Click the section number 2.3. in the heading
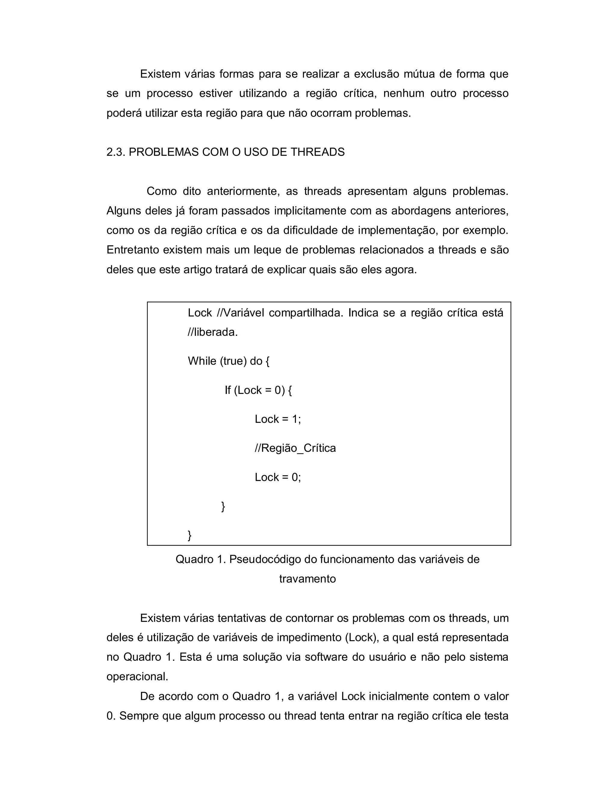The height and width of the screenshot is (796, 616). [116, 152]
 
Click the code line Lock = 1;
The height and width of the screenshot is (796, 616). [278, 419]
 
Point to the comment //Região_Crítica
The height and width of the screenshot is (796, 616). [295, 448]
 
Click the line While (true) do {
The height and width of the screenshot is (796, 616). [229, 361]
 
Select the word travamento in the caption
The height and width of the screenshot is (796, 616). [307, 579]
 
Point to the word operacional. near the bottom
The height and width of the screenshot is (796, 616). [137, 676]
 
